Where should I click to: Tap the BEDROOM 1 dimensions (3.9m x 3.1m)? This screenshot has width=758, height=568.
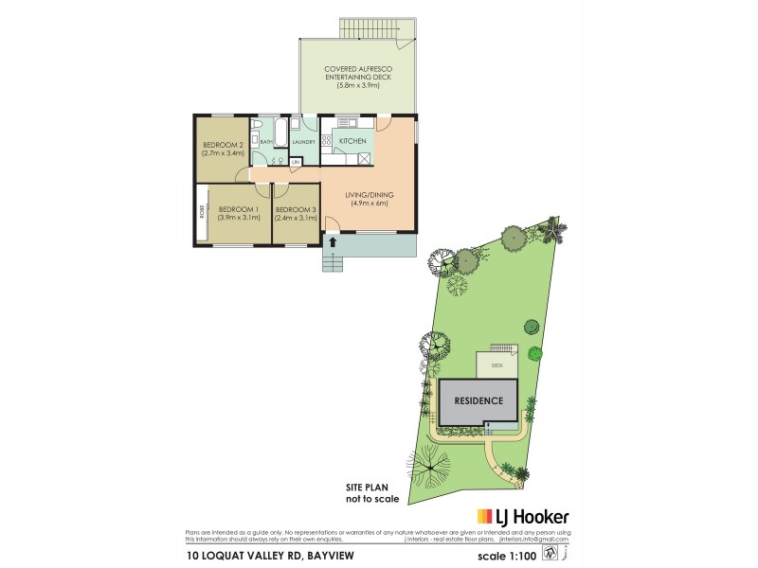pos(238,218)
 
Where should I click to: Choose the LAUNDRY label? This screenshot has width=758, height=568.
pos(303,142)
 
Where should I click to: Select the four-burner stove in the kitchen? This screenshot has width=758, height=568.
pos(327,142)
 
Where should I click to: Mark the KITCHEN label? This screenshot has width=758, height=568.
pos(352,140)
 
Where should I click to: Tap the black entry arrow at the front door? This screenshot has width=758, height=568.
pos(333,242)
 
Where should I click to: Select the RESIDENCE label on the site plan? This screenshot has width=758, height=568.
pos(478,400)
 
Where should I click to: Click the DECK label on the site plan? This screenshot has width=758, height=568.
pos(496,364)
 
